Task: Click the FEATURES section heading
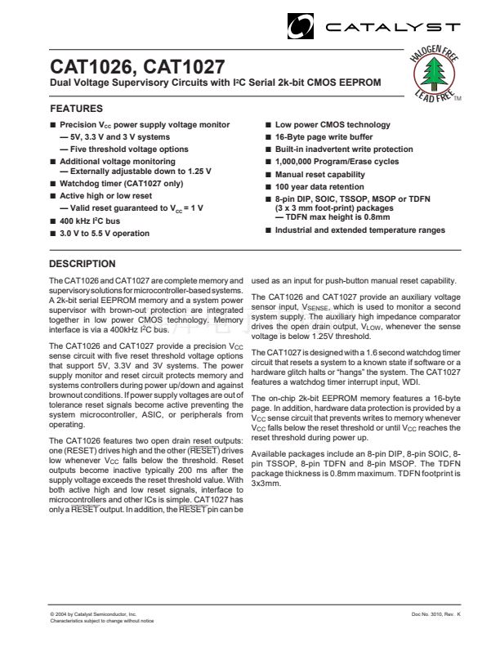[x=77, y=109]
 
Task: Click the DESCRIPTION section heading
[x=83, y=264]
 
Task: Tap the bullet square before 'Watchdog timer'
[x=53, y=185]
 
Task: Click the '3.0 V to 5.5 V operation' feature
[x=105, y=234]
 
